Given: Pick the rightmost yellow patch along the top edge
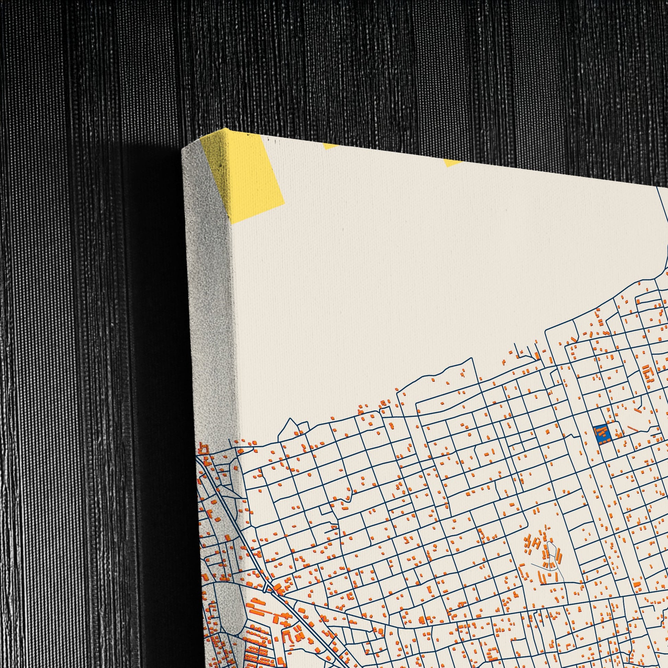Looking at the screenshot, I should click(x=453, y=162).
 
